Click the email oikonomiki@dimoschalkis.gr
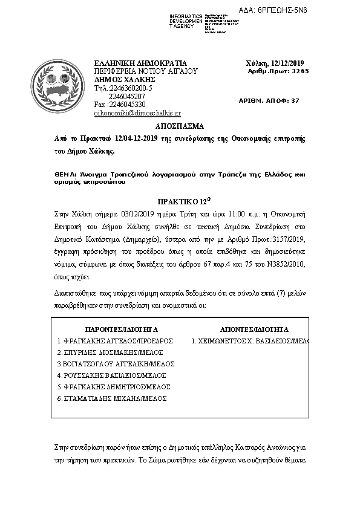click(137, 112)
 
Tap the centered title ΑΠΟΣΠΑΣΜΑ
click(180, 127)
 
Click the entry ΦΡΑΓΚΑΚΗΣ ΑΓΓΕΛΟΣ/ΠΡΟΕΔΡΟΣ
click(115, 341)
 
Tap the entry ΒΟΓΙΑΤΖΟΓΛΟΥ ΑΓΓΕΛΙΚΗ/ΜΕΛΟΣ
click(115, 364)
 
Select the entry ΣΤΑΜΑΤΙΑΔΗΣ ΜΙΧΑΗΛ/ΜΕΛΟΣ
click(112, 398)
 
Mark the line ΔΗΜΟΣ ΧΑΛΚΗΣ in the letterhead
click(125, 79)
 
